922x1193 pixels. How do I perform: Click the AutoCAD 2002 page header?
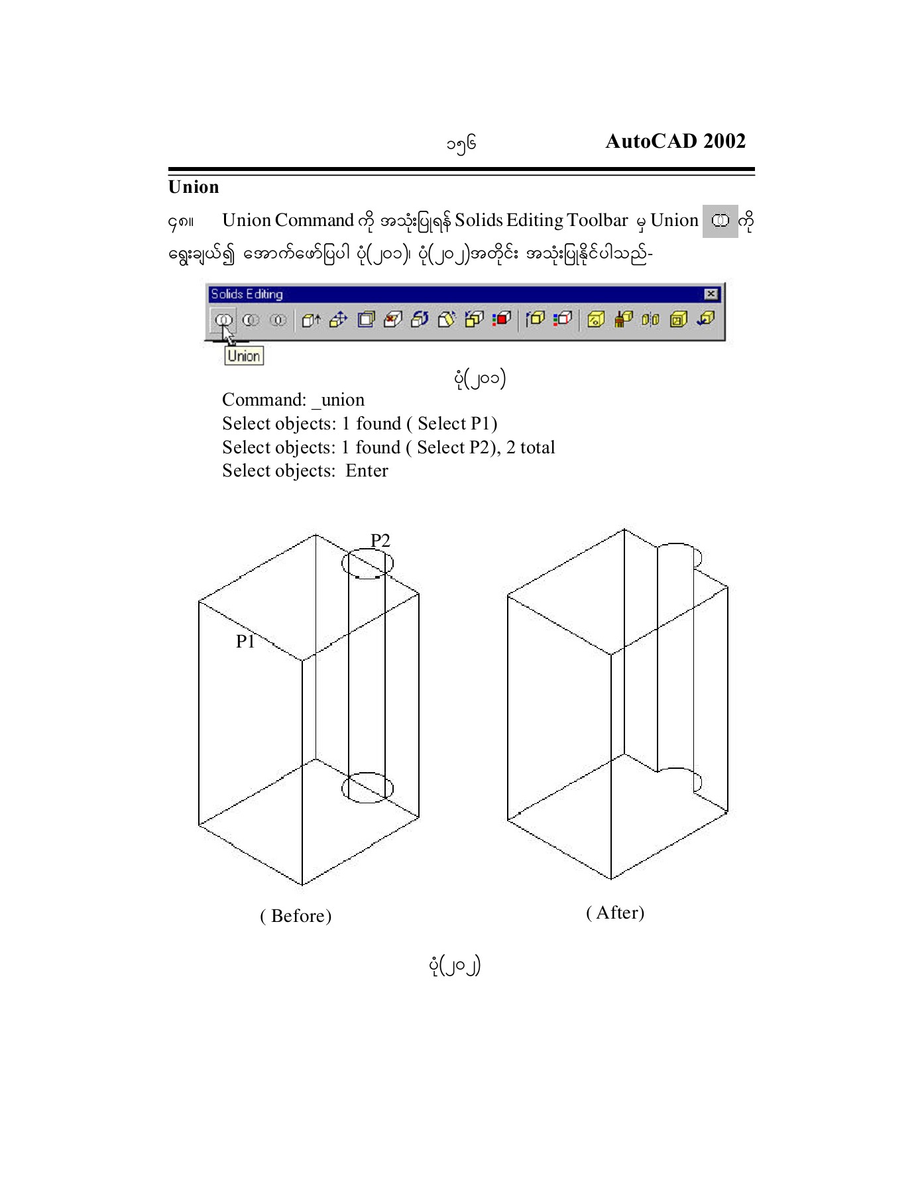675,141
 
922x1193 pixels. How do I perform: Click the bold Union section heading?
194,187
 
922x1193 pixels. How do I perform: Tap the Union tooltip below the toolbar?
243,356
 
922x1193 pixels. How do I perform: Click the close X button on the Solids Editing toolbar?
711,294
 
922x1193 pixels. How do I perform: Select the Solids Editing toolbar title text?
247,294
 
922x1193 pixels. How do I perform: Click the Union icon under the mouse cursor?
223,319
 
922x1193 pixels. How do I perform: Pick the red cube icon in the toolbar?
502,319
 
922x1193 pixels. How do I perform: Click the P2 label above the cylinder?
380,540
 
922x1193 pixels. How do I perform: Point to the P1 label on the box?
245,641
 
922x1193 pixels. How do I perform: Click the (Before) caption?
296,916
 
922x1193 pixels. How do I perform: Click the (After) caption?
615,913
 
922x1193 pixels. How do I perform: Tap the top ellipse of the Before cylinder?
367,563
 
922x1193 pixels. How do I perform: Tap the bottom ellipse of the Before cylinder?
367,787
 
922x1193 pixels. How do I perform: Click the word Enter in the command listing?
367,471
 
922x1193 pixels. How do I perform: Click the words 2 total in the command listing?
530,447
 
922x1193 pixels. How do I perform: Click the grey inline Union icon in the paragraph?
720,221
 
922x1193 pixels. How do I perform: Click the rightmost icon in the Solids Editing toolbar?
705,319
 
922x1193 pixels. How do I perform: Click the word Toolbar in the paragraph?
597,220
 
